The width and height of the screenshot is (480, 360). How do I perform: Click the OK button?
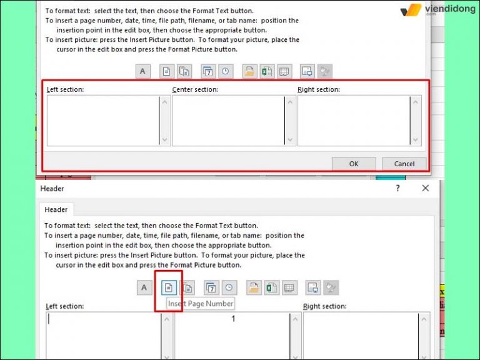tap(353, 164)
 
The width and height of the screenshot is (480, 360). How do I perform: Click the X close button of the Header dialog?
tap(426, 188)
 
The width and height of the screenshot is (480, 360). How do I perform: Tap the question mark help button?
tap(397, 188)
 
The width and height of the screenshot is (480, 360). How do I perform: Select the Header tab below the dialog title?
tap(56, 210)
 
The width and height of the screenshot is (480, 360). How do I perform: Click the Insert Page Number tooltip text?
tap(201, 304)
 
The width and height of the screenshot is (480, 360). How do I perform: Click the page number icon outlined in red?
tap(168, 287)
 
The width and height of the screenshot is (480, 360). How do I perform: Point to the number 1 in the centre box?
tap(233, 319)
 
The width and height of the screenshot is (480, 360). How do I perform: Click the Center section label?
tap(196, 90)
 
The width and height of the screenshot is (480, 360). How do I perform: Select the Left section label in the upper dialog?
tap(65, 90)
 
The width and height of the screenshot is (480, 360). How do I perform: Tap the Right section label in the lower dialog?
tap(324, 306)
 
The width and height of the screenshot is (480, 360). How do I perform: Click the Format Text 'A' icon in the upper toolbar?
tap(142, 71)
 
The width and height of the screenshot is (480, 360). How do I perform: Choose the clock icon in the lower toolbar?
tap(229, 287)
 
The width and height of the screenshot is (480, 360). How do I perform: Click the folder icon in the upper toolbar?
tap(249, 71)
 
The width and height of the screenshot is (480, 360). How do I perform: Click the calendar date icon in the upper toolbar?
tap(208, 71)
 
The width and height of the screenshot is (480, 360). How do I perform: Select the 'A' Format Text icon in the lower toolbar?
tap(143, 287)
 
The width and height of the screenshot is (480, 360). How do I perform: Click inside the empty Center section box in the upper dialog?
tap(228, 121)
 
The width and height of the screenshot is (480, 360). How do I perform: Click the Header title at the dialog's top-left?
tap(52, 188)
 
